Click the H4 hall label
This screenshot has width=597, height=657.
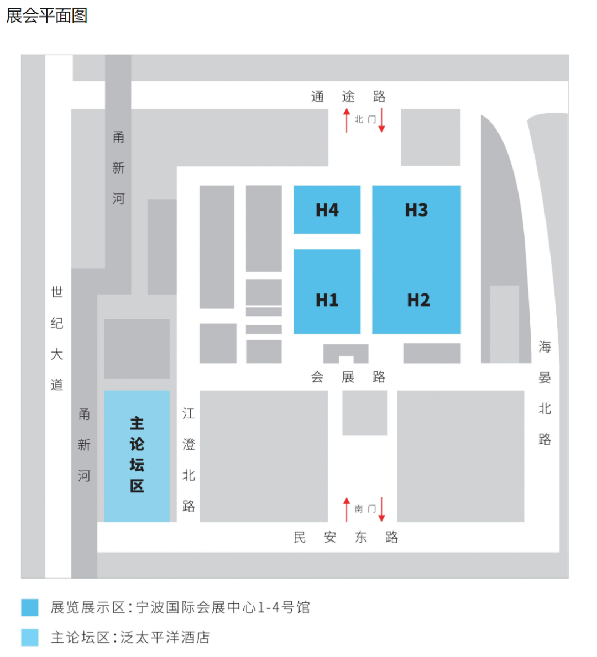coord(327,210)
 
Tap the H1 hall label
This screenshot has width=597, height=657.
coord(327,300)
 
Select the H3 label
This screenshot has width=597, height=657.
coord(416,210)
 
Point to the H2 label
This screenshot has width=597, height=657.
coord(418,300)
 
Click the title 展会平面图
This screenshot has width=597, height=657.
coord(47,15)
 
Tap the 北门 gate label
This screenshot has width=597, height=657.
coord(365,119)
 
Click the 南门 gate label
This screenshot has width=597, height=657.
coord(365,508)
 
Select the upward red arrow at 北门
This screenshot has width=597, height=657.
coord(347,120)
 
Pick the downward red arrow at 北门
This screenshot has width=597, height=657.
coord(381,120)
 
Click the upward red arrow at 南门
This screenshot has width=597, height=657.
coord(347,509)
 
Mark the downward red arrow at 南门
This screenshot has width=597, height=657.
coord(381,509)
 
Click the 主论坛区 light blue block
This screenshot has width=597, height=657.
coord(137,455)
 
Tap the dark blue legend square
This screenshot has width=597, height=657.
coord(30,607)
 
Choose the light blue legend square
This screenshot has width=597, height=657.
coord(30,637)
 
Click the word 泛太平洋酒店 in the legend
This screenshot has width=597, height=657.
coord(165,637)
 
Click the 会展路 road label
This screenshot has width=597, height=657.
coord(348,377)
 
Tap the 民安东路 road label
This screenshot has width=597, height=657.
coord(345,537)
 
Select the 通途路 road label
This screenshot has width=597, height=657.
coord(348,97)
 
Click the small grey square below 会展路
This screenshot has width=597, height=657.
coord(365,413)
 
